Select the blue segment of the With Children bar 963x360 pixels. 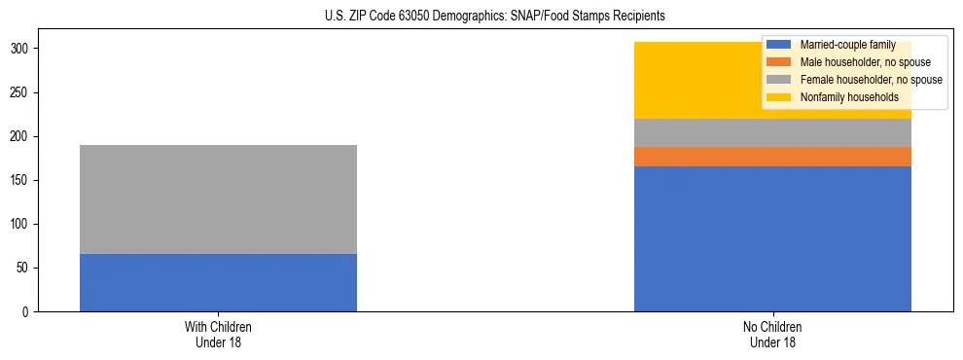click(x=218, y=282)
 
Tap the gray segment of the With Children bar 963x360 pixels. click(x=218, y=199)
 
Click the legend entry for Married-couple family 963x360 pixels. click(x=845, y=45)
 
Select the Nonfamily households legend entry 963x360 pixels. click(x=849, y=97)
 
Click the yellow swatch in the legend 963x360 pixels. click(x=779, y=97)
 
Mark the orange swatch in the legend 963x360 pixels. click(x=779, y=62)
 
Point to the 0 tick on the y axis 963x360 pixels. click(x=28, y=311)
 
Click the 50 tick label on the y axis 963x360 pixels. click(x=25, y=268)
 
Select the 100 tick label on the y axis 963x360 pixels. click(x=22, y=224)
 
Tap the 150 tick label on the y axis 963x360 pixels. click(x=22, y=180)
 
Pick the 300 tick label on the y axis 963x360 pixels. click(x=22, y=49)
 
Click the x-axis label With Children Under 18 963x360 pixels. click(x=218, y=334)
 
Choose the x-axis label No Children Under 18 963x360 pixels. click(x=772, y=334)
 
